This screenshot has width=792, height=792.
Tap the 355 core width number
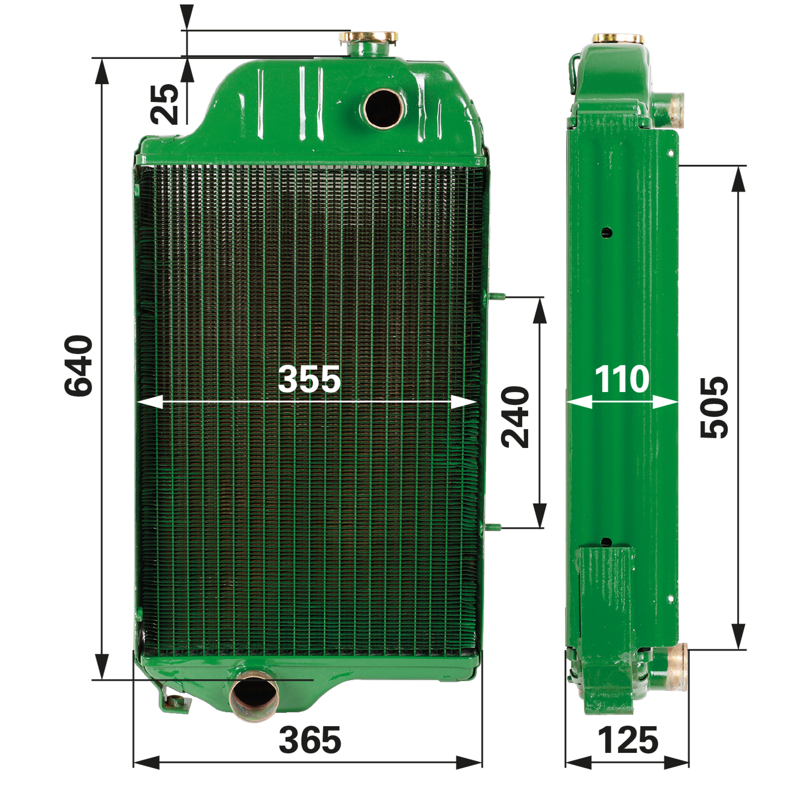tap(309, 379)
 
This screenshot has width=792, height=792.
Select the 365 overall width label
tap(310, 740)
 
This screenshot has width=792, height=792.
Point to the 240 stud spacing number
tap(515, 417)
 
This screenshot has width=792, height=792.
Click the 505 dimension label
tap(714, 407)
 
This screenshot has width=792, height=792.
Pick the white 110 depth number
tap(622, 379)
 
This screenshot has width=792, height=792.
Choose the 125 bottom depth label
tap(628, 740)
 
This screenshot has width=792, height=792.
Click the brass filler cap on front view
tap(368, 37)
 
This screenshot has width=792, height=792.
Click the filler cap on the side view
tap(618, 39)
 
